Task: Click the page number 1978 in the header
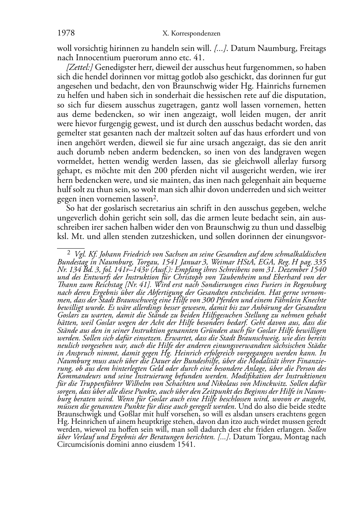66,33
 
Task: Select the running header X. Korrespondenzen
191,34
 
